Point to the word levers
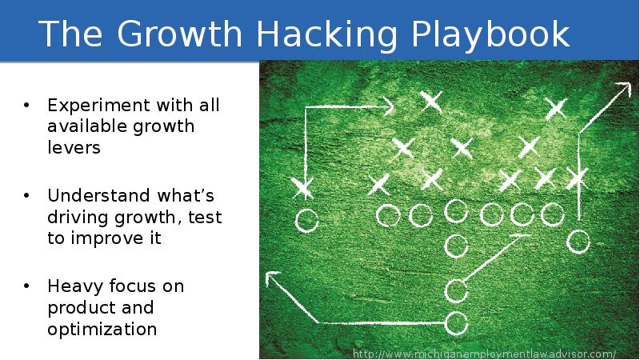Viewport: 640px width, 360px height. [74, 149]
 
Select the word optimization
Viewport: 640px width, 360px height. [102, 330]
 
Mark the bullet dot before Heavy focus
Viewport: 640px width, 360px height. [27, 286]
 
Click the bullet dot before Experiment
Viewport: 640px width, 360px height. [27, 106]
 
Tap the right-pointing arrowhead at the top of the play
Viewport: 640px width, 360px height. [388, 106]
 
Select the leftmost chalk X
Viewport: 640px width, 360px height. [302, 188]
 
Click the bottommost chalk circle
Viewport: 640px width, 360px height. [455, 323]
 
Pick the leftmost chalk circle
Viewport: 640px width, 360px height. [306, 220]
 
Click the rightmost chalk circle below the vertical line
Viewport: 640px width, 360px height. [578, 240]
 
